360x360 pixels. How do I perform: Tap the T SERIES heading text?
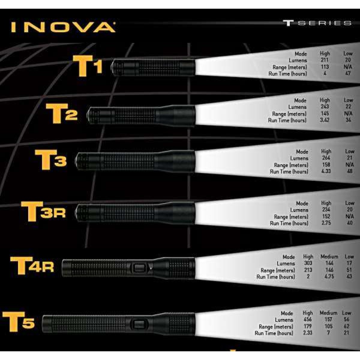tap(317, 23)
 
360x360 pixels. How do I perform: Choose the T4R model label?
tap(32, 265)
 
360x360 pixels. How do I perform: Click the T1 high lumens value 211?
tap(325, 60)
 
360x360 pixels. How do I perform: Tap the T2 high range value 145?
tap(325, 113)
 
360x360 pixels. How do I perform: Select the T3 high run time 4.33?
tap(326, 171)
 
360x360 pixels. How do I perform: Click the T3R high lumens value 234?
tap(326, 210)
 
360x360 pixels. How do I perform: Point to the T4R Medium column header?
tap(329, 256)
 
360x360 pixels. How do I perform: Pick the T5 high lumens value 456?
tap(307, 319)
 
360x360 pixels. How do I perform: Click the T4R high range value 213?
tap(308, 270)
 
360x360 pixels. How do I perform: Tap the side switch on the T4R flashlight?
tap(139, 268)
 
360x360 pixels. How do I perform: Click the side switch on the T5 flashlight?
tap(139, 324)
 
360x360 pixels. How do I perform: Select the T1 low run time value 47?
tap(348, 73)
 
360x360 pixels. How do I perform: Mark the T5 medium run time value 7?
tap(328, 333)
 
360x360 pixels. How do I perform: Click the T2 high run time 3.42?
tap(325, 120)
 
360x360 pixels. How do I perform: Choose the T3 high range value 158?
tap(326, 165)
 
